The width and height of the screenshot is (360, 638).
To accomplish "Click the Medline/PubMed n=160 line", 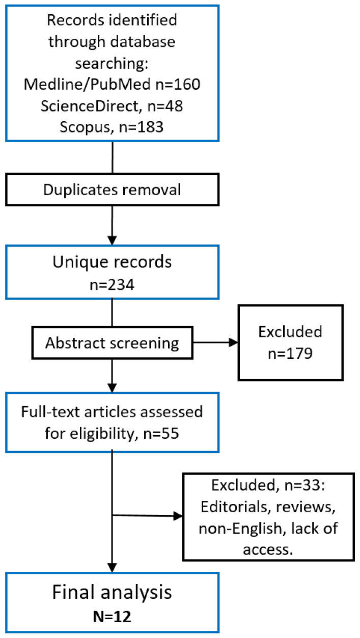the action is (112, 84).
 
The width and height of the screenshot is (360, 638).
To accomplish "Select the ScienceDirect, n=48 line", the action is (112, 106).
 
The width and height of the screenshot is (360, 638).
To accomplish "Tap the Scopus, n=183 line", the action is (112, 127).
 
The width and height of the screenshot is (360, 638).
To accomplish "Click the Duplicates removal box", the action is (112, 190).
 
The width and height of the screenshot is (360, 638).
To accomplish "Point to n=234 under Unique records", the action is (112, 285).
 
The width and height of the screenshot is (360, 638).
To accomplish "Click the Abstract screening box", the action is (112, 342).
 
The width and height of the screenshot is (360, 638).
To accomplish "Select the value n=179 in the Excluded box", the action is (290, 354).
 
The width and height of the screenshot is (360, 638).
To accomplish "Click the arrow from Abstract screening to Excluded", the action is (215, 342).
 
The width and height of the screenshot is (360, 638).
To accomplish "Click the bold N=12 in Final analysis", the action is (112, 617).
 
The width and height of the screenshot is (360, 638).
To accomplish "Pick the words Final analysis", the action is (112, 592).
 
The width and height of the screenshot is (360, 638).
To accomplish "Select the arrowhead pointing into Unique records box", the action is (112, 240).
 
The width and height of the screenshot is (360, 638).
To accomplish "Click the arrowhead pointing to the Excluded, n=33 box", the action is (178, 516).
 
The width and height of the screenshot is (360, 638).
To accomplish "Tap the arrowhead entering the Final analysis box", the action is (112, 568).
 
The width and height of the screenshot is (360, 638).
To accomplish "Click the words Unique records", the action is (112, 262).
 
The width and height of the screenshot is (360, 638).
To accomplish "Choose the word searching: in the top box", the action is (112, 64).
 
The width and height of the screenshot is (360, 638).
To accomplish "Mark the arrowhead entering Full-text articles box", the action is (112, 388).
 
